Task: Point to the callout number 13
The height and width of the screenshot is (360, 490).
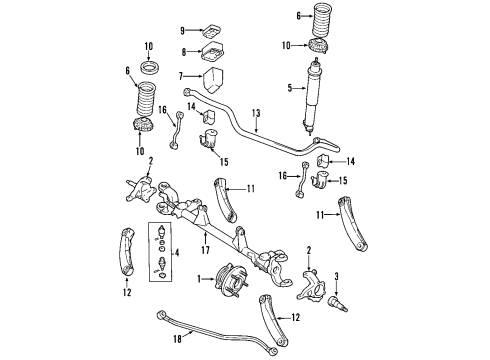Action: point(257,113)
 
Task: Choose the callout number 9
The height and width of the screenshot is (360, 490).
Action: point(184,31)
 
